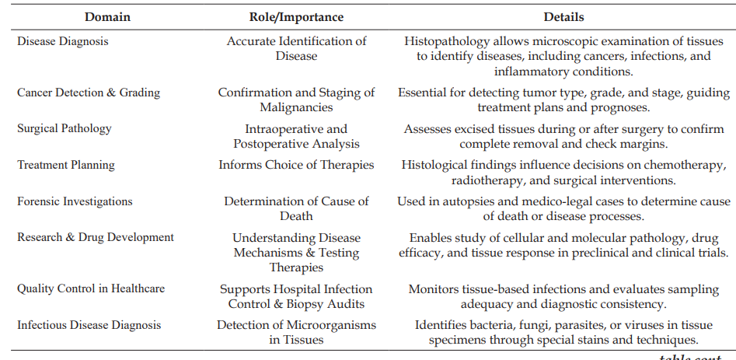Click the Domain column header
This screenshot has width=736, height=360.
tap(107, 17)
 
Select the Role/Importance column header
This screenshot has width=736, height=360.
tap(296, 17)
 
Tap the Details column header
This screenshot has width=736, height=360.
tap(563, 17)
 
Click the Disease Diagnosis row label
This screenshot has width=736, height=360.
tap(63, 41)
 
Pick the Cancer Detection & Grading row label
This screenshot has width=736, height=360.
tap(89, 93)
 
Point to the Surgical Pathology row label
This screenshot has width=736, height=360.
tap(65, 128)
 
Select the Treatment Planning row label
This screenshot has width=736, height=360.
tap(66, 165)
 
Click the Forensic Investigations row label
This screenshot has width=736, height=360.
tap(75, 201)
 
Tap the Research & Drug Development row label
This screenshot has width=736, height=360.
tap(96, 237)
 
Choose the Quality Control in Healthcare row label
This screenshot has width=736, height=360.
tap(91, 288)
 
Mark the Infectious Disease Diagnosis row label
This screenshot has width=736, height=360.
tap(89, 325)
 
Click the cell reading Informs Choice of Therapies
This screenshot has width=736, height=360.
tap(296, 165)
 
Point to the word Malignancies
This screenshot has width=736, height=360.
tap(296, 107)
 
